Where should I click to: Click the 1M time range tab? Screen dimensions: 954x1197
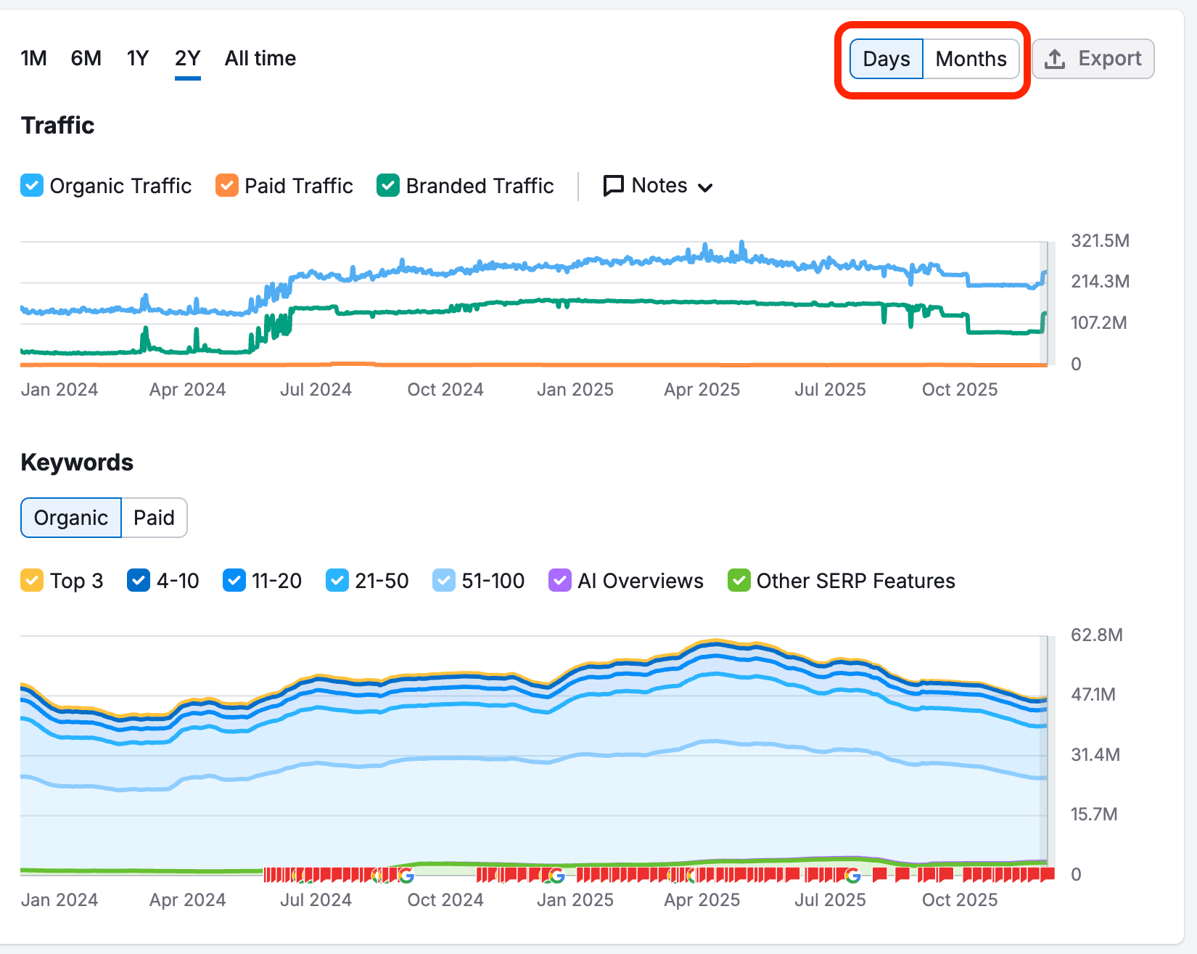tap(33, 58)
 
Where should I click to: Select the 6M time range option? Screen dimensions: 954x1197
tap(86, 58)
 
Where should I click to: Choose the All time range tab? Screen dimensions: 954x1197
tap(260, 58)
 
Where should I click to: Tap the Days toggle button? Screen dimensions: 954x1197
tap(886, 59)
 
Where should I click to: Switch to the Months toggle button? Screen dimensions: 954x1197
tap(971, 59)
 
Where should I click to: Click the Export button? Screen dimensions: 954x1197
tap(1093, 59)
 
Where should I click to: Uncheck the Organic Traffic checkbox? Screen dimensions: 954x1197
tap(32, 186)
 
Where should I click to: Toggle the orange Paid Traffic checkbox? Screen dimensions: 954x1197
tap(227, 186)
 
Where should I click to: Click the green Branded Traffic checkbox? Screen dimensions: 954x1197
tap(388, 186)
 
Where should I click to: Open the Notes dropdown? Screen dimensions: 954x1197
tap(658, 186)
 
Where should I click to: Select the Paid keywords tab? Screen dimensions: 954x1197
tap(154, 518)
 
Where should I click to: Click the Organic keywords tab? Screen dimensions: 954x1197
tap(71, 518)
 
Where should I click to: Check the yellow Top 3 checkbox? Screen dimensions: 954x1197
tap(32, 581)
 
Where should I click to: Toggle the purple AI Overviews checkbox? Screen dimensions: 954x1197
tap(560, 581)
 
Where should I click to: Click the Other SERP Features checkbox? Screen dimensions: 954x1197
tap(739, 581)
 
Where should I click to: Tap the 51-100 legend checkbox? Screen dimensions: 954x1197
tap(443, 581)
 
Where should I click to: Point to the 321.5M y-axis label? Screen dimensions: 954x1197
tap(1100, 241)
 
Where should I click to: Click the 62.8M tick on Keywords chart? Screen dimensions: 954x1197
tap(1096, 635)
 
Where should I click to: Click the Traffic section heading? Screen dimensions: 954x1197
tap(58, 126)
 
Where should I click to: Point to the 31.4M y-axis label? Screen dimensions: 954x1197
tap(1095, 755)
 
